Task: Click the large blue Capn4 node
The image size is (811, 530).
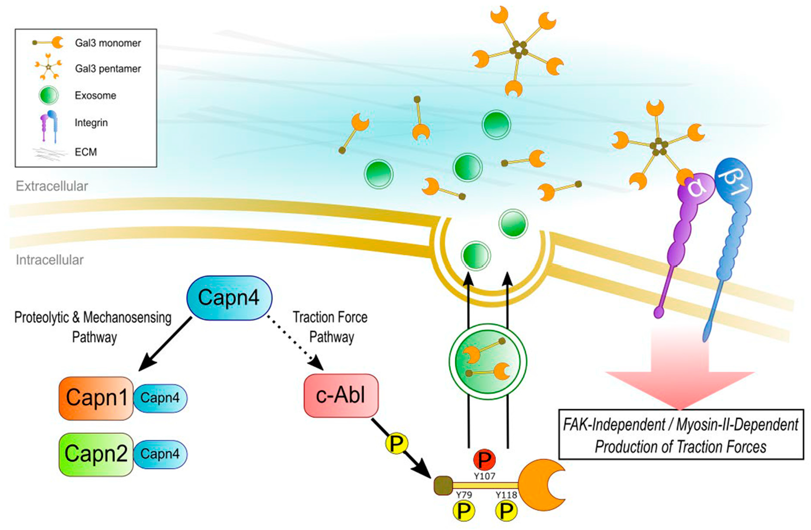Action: pos(229,298)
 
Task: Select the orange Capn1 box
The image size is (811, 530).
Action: pos(96,398)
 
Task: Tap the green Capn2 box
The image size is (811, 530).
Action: pos(96,454)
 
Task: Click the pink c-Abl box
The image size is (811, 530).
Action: pos(341,395)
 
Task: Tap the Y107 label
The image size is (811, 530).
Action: pos(484,476)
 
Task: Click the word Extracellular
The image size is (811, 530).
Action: pos(52,186)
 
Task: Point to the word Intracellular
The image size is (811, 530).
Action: pos(50,260)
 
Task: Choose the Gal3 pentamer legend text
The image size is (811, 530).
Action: pos(108,69)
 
